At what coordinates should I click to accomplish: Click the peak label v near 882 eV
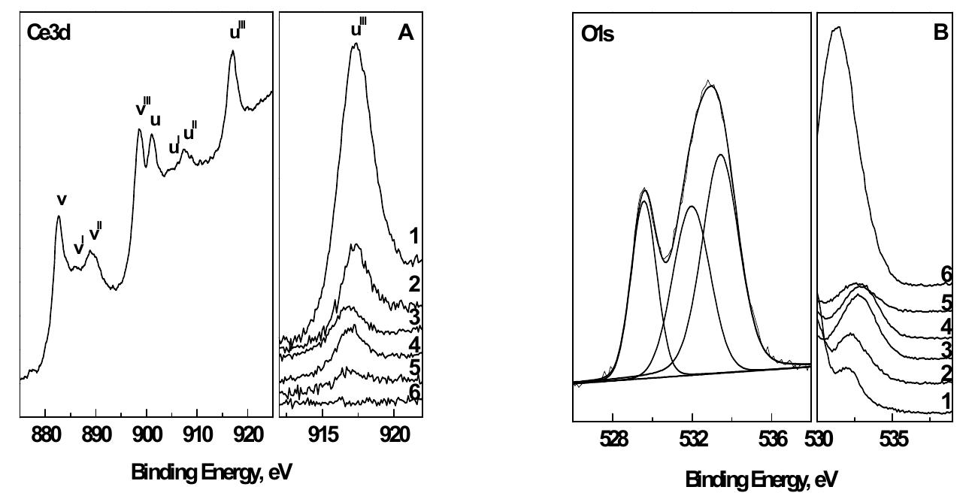[62, 200]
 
